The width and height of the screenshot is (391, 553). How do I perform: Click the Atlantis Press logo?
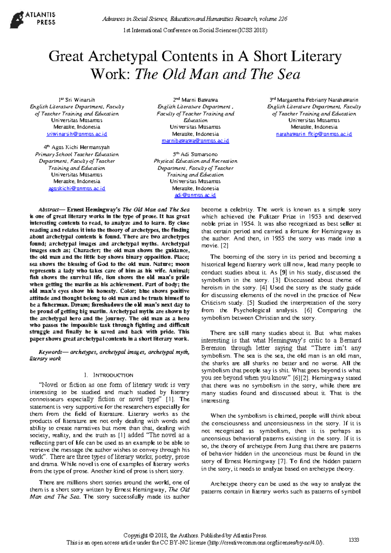[33, 19]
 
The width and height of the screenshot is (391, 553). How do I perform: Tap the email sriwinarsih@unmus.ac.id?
[77, 134]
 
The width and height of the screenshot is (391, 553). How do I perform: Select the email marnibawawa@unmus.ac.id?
[195, 141]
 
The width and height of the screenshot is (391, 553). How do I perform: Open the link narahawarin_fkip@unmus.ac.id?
[314, 134]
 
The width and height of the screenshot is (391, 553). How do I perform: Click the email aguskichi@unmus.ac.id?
[77, 188]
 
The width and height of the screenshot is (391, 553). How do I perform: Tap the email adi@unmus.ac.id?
[195, 195]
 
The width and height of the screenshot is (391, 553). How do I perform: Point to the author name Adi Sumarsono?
[199, 154]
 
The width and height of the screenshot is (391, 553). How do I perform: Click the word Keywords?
[50, 352]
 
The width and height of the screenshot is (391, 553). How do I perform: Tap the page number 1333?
[354, 540]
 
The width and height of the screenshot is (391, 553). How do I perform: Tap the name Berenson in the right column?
[213, 348]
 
